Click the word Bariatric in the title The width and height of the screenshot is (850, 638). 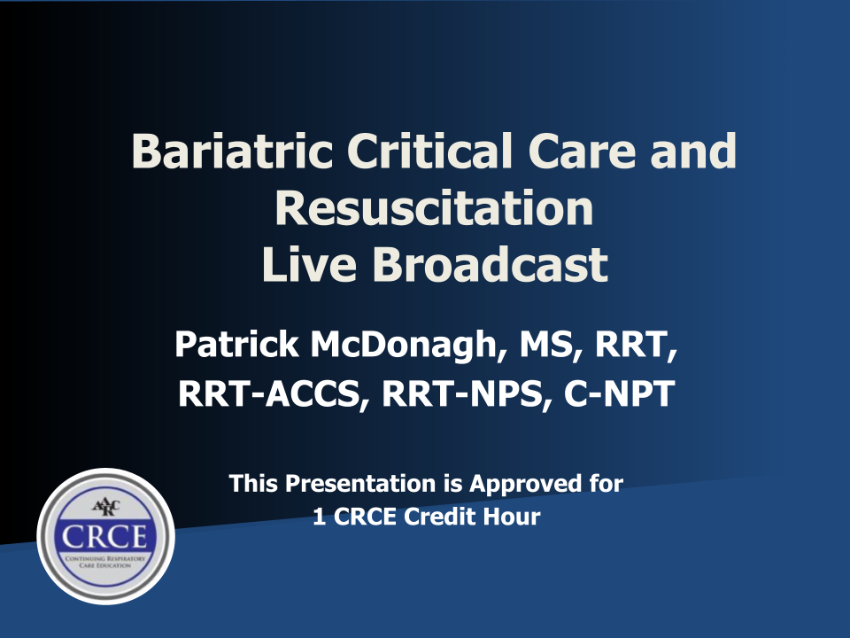point(232,151)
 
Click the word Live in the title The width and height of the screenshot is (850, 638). point(309,264)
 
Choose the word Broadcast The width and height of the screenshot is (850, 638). point(490,264)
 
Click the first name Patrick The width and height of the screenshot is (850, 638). point(236,344)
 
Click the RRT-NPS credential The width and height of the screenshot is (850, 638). point(462,393)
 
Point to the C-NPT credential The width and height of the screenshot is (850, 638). point(619,393)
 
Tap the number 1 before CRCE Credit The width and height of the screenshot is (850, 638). point(320,517)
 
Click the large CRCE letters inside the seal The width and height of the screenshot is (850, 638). point(104,537)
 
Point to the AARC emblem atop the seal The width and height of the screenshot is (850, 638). point(105,508)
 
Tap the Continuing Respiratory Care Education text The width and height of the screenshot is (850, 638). point(105,562)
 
